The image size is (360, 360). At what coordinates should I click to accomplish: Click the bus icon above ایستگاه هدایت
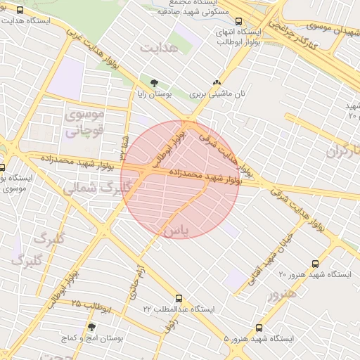[20, 11]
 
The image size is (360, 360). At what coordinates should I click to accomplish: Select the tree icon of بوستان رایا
[154, 83]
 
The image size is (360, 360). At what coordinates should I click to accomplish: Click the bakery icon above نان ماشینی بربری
[225, 82]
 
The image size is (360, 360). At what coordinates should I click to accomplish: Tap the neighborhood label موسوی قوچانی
[84, 121]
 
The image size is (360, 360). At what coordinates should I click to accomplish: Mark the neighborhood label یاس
[176, 231]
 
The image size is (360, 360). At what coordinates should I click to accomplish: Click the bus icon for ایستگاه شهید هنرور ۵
[259, 328]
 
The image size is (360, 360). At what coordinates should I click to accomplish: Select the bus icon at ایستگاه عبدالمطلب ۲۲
[179, 298]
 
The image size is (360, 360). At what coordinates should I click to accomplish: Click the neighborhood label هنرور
[282, 293]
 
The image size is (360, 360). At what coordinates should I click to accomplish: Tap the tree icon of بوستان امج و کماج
[91, 327]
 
